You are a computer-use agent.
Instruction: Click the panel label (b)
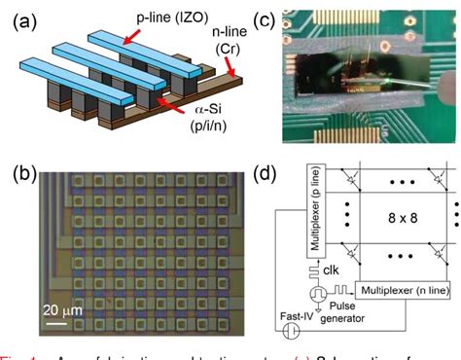click(22, 177)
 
